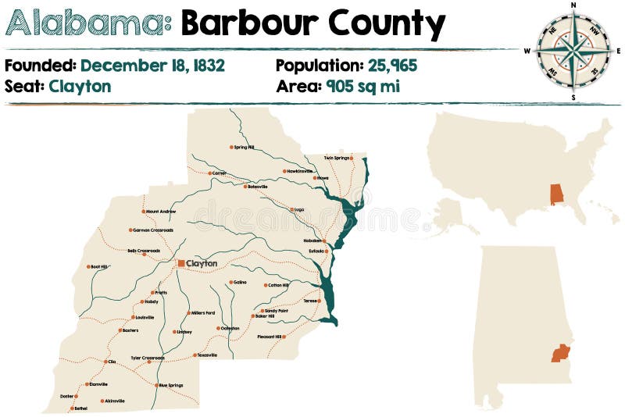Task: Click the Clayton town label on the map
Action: (202, 264)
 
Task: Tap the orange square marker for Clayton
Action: (181, 264)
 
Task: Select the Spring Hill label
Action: (245, 147)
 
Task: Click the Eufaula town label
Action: (316, 251)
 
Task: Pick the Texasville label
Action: (207, 355)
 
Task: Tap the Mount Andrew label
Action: (161, 212)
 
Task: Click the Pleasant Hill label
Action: (269, 337)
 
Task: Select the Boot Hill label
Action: (99, 267)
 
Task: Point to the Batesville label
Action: (258, 187)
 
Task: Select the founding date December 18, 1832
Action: (152, 66)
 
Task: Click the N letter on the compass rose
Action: (573, 5)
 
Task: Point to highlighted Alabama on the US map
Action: (556, 194)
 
